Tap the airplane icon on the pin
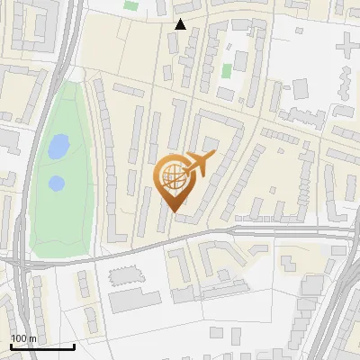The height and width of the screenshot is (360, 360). (x=199, y=164)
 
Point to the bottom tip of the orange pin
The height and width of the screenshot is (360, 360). (x=173, y=211)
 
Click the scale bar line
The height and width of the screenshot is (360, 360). (x=41, y=346)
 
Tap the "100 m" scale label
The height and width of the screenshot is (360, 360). (x=23, y=337)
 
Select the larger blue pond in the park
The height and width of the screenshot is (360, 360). (x=58, y=145)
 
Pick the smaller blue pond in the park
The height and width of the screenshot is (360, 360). (x=56, y=183)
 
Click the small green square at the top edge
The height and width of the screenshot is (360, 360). (x=131, y=6)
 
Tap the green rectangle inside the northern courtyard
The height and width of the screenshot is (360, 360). (x=228, y=69)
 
